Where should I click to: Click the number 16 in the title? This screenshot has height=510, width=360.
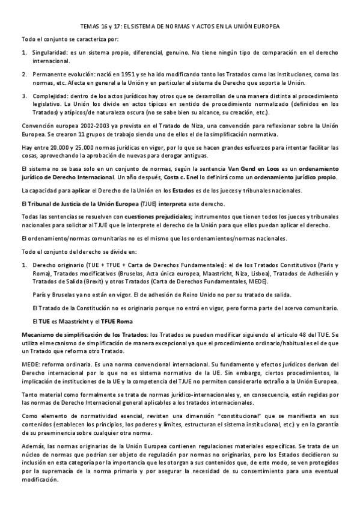(104, 28)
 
